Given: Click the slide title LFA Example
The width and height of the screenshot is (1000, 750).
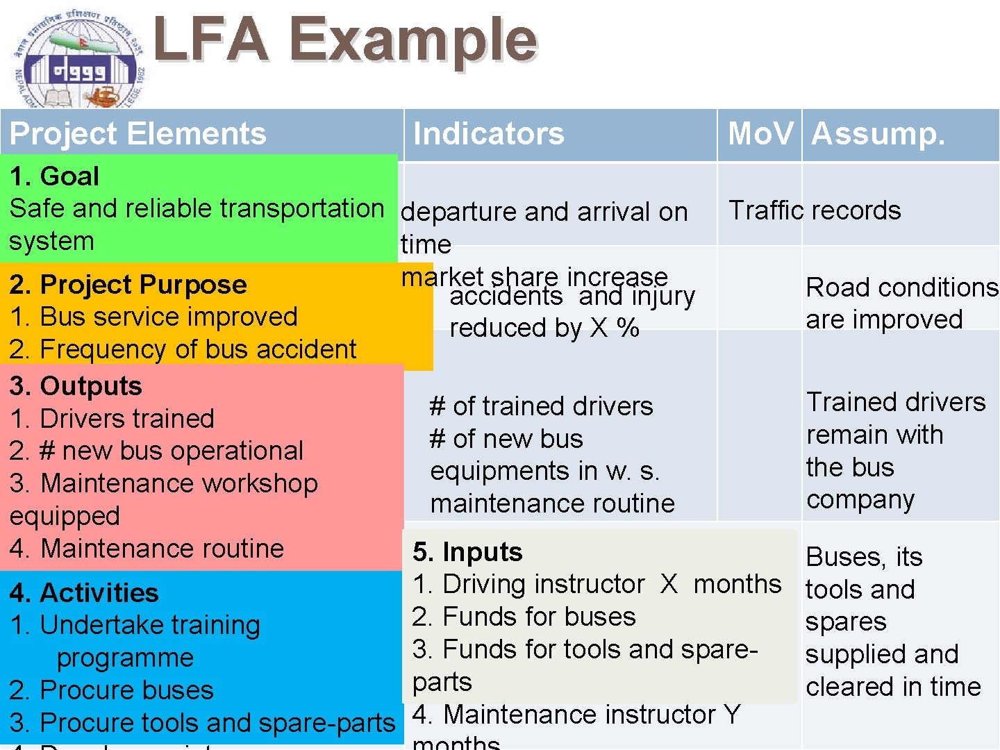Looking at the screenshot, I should click(345, 40).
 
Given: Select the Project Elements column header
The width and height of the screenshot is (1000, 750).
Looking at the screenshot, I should click(137, 133).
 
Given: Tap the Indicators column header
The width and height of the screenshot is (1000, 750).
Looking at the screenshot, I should click(488, 133).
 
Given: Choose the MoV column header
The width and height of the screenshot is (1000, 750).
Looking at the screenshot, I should click(760, 133).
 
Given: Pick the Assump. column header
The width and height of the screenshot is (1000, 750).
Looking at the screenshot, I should click(878, 133).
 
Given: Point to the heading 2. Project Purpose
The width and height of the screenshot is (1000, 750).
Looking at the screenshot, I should click(128, 285).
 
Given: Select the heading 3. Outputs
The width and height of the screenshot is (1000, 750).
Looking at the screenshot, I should click(76, 386).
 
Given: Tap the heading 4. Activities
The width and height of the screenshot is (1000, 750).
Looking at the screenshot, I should click(84, 593).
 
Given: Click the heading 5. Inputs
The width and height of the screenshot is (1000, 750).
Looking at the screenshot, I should click(467, 552).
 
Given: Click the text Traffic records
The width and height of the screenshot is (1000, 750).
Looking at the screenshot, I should click(815, 210).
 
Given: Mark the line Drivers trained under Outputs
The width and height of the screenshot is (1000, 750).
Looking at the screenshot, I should click(112, 419).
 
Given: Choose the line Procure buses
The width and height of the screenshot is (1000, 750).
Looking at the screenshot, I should click(112, 690).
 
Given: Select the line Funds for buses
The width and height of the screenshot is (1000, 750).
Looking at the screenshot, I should click(524, 617).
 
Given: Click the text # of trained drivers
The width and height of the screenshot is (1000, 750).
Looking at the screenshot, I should click(542, 406).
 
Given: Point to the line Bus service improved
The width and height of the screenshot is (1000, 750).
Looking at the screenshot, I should click(153, 317).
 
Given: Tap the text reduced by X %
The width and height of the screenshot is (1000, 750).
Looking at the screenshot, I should click(544, 328).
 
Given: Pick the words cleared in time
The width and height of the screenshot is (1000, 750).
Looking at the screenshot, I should click(893, 687).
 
